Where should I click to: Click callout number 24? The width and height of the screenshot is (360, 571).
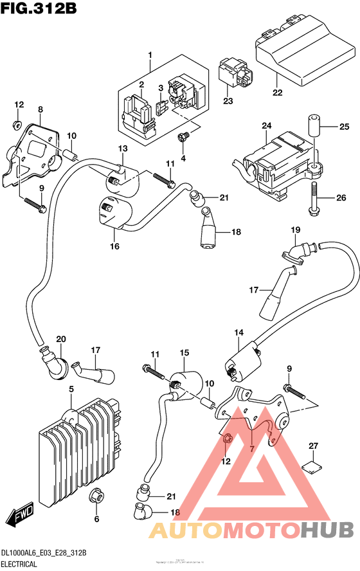tap(267, 125)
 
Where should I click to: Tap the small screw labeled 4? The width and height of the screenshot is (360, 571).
tap(184, 137)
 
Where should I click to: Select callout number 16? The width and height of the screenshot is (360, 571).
tap(114, 246)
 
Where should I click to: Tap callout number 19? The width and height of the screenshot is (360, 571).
tap(295, 230)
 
